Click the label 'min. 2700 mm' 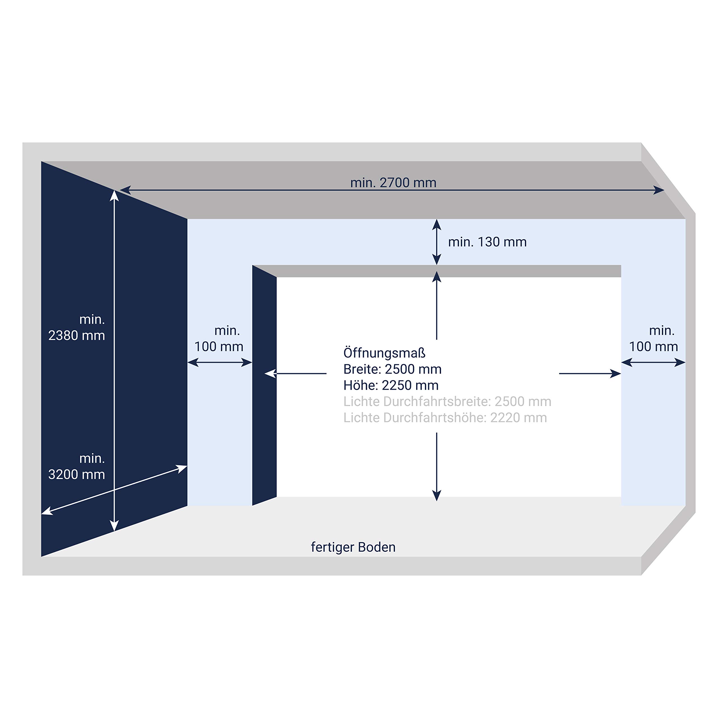coord(393,183)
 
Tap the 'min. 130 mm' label coord(487,242)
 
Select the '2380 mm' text coord(77,336)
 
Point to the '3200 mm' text coord(77,475)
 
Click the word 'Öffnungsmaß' coord(384,353)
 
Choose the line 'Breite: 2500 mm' coord(392,369)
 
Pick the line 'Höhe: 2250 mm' coord(391,385)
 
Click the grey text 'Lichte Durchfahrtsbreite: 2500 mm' coord(447,401)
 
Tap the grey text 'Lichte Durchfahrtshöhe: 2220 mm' coord(445,418)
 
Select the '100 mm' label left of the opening coord(219,347)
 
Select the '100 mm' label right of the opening coord(653,347)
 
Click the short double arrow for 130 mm coord(437,242)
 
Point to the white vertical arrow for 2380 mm coord(114,360)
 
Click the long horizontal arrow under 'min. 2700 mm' coord(392,190)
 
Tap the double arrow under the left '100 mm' coord(220,362)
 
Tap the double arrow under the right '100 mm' coord(653,362)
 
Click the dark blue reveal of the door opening coord(264,385)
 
